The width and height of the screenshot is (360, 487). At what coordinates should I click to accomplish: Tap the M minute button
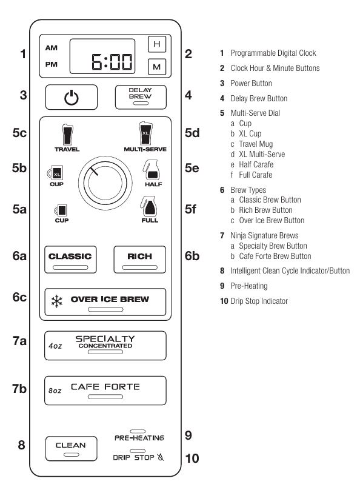point(157,67)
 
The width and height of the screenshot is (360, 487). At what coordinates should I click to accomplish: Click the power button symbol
point(72,98)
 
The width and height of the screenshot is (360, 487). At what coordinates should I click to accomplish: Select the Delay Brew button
point(141,97)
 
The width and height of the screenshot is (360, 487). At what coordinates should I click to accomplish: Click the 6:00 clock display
point(102,56)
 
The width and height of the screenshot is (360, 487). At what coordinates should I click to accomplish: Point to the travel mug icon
point(67,135)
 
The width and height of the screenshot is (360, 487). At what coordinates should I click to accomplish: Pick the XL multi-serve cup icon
point(145,133)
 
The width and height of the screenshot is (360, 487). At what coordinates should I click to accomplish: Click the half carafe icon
point(151,170)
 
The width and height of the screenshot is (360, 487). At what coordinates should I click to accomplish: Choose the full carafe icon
point(148,206)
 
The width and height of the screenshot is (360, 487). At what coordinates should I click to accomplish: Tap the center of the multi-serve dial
point(105,183)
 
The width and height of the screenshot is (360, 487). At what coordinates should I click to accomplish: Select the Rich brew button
point(139,260)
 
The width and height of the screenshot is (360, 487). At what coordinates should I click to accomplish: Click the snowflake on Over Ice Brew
point(57,301)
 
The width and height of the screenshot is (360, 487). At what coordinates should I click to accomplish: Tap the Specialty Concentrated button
point(105,345)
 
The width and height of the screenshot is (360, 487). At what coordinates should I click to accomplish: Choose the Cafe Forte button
point(105,391)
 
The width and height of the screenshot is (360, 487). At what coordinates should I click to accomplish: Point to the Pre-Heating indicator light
point(138,431)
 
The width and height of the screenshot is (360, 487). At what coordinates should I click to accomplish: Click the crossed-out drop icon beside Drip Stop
point(161,457)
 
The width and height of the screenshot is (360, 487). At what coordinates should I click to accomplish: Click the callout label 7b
point(19,389)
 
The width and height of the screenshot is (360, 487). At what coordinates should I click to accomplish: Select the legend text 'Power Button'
point(251,83)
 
